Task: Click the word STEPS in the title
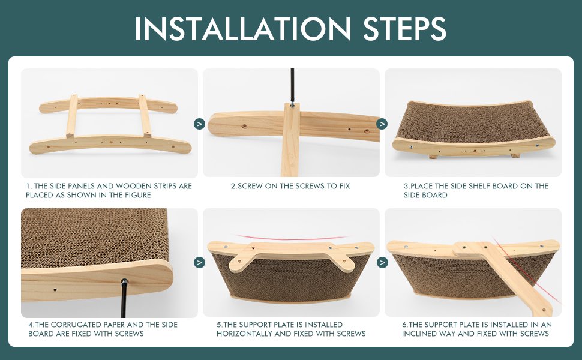404,29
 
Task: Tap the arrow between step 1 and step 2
199,124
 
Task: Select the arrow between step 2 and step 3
382,124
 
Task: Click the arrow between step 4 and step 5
199,262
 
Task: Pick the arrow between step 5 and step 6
382,262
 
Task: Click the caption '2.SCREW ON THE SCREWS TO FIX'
290,186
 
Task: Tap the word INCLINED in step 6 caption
419,334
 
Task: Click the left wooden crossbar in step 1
71,116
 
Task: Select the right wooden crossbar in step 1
145,116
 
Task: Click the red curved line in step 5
290,238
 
